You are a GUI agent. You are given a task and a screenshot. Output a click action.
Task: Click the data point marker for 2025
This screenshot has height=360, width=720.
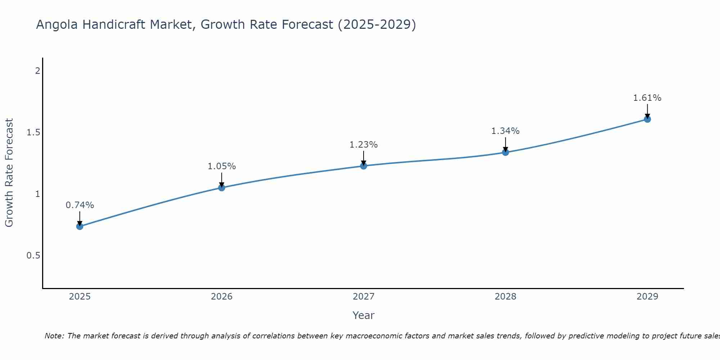point(80,226)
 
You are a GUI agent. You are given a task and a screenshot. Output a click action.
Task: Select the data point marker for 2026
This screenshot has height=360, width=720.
point(221,188)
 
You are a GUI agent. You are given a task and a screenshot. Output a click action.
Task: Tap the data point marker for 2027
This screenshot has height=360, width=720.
point(363,166)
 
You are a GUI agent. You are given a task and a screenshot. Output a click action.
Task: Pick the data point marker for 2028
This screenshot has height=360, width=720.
point(505,152)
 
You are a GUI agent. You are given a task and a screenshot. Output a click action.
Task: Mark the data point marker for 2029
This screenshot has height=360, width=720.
point(647,119)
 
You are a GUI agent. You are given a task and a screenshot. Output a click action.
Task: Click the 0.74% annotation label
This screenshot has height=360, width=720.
point(80,205)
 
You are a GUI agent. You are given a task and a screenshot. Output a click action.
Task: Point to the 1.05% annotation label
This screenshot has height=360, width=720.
point(221,166)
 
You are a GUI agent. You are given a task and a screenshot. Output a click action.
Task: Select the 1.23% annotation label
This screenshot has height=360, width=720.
point(363,145)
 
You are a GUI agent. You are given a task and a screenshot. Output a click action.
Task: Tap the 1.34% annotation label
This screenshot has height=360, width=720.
point(505,131)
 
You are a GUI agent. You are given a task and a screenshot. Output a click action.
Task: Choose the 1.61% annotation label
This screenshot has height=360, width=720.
point(647,98)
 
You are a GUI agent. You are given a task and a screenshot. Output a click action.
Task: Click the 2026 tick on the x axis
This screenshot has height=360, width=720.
point(221,297)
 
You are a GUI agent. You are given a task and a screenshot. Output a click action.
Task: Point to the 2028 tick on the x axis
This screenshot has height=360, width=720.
point(505,297)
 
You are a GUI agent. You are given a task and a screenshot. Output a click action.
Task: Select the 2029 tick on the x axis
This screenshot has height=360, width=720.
point(647,297)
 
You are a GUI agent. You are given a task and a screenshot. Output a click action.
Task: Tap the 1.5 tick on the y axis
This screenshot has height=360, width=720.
point(33,132)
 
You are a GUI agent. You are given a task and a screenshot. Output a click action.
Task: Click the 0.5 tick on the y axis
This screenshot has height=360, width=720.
point(33,256)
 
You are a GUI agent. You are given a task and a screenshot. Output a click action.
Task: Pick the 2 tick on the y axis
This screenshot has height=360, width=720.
point(37,71)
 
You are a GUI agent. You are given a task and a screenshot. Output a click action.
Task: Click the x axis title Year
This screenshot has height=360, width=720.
point(363,315)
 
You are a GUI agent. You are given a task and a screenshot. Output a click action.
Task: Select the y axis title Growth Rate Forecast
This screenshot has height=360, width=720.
point(9,172)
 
